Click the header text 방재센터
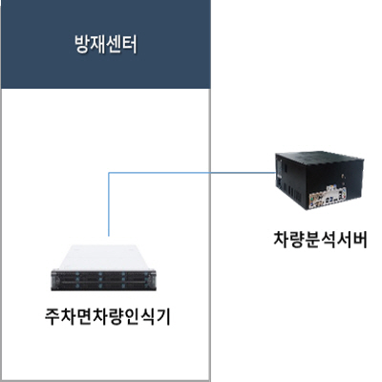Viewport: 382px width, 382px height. [x=106, y=45]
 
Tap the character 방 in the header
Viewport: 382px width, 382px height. [x=82, y=45]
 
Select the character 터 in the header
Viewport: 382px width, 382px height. [x=130, y=45]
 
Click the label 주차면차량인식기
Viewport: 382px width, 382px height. [x=108, y=317]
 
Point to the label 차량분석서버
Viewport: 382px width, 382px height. [x=320, y=240]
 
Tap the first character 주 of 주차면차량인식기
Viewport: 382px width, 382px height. [x=53, y=317]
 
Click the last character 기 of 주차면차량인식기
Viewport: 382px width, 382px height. [x=163, y=317]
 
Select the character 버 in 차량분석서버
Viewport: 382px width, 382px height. [x=359, y=240]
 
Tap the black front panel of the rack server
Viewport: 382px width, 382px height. [x=104, y=281]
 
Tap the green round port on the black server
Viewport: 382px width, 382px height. [x=313, y=198]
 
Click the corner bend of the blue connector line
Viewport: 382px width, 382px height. [x=109, y=173]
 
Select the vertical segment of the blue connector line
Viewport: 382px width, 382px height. [x=109, y=204]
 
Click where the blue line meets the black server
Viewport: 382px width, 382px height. [x=276, y=173]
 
